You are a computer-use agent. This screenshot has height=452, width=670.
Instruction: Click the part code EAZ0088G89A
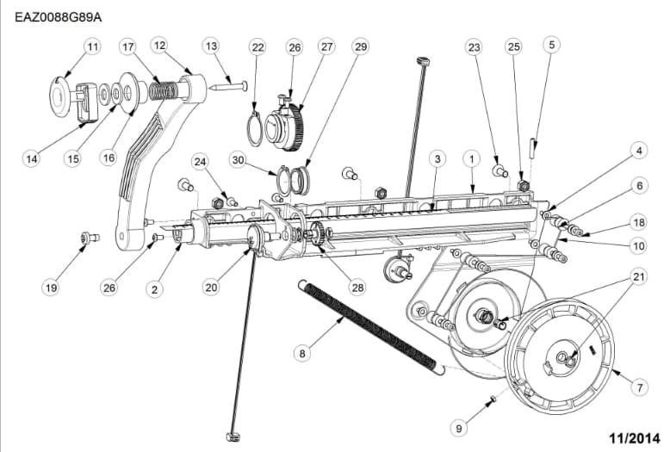(x=59, y=17)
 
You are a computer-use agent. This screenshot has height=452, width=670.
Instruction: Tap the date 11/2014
(x=634, y=438)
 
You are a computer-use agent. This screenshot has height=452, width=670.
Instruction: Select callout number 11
(x=93, y=46)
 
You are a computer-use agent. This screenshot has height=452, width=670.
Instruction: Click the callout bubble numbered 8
(x=302, y=353)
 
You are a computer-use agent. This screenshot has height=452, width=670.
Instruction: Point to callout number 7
(x=639, y=388)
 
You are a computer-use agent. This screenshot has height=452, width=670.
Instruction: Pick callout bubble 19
(x=52, y=288)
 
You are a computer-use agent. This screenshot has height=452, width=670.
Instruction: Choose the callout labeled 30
(x=238, y=160)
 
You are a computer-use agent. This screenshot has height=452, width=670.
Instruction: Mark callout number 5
(x=552, y=45)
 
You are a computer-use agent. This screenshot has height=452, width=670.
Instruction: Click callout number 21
(x=638, y=277)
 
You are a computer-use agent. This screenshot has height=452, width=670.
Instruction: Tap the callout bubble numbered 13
(x=212, y=46)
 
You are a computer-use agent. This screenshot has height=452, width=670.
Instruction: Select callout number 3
(x=437, y=159)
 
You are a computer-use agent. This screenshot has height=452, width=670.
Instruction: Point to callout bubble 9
(x=459, y=428)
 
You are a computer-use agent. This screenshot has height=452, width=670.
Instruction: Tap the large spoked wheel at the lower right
(x=561, y=356)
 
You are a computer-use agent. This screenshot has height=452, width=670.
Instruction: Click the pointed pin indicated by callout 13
(x=227, y=87)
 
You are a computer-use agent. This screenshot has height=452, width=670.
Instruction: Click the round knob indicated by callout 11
(x=59, y=96)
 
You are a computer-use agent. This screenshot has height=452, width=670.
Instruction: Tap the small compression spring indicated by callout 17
(x=164, y=91)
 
